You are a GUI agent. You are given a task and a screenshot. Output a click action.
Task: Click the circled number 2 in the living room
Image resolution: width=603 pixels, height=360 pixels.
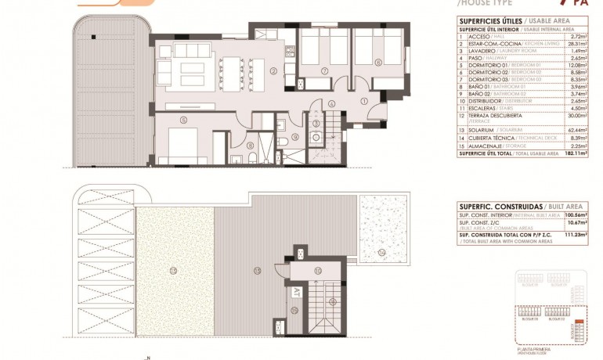273,71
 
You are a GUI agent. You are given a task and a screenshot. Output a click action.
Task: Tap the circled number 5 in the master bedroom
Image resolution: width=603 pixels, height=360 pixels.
183,120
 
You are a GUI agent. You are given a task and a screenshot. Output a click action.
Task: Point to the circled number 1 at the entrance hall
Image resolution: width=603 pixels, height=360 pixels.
363,101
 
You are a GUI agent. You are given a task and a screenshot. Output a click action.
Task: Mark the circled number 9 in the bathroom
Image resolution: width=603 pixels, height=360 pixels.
295,138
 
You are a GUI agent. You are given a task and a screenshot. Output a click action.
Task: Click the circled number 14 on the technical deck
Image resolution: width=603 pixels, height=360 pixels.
381,253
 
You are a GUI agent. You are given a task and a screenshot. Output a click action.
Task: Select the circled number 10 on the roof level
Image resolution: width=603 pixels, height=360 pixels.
317,270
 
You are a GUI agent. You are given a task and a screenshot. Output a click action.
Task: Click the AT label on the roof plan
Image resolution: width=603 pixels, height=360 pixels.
297,293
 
